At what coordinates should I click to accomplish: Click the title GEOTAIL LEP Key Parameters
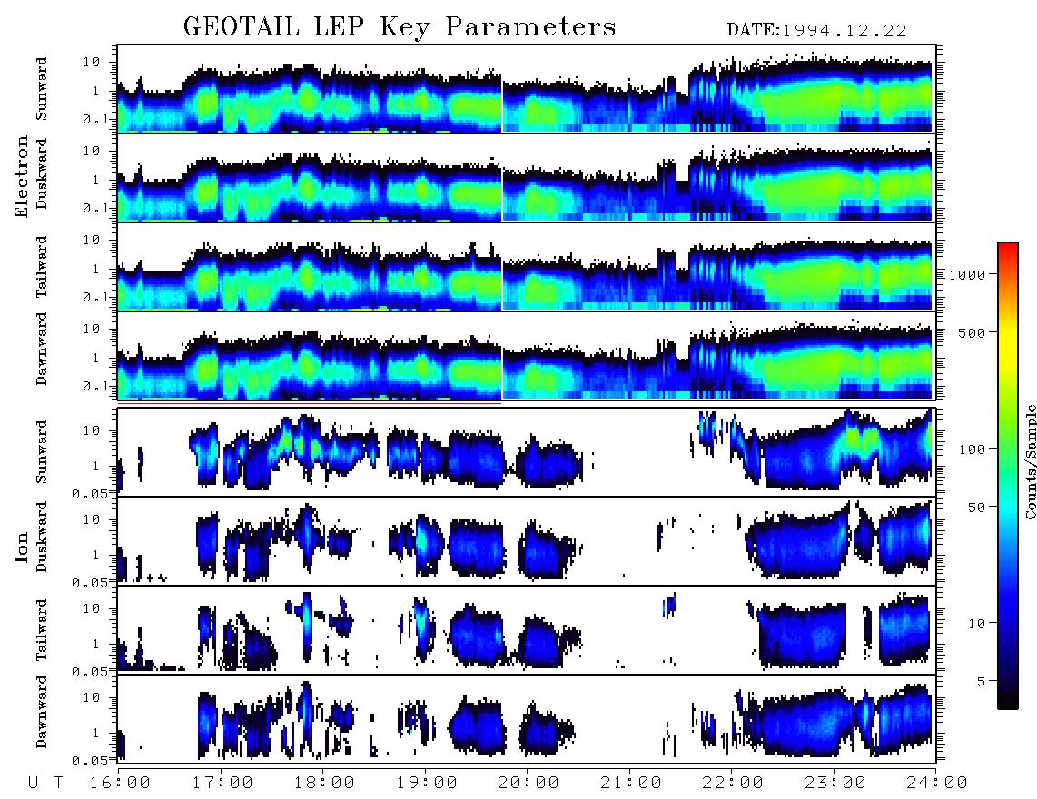pos(400,27)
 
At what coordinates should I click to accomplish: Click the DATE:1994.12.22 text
pos(816,30)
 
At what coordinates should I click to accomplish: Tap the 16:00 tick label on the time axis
pos(120,783)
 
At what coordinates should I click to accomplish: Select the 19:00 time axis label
pos(427,783)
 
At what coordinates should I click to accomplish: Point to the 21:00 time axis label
pos(631,783)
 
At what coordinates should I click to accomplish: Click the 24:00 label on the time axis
pos(936,783)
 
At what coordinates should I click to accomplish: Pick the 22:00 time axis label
pos(733,783)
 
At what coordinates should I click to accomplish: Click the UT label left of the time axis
pos(45,783)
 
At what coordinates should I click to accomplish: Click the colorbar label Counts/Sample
pos(1030,461)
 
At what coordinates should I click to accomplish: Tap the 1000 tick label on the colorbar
pos(968,274)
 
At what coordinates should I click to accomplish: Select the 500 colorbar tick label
pos(973,332)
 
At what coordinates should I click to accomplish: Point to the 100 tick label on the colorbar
pos(973,449)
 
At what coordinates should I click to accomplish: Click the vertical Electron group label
pos(22,177)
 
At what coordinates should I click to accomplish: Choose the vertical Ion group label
pos(22,547)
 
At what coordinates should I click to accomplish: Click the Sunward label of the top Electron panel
pos(42,89)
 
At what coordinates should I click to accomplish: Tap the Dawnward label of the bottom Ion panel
pos(42,711)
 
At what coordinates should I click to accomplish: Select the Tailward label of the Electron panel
pos(42,267)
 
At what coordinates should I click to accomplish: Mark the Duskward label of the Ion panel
pos(42,537)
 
